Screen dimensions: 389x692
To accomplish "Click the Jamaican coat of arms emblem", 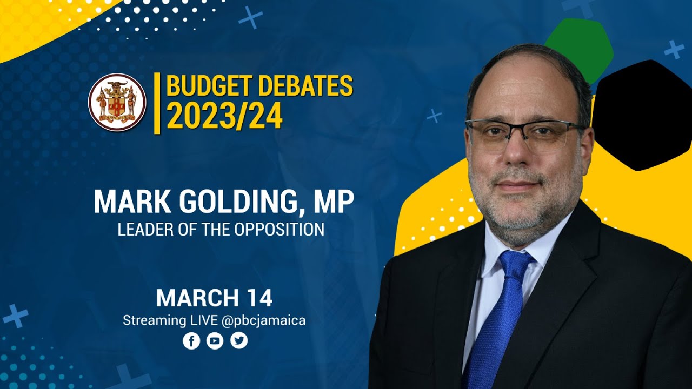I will [x=117, y=102].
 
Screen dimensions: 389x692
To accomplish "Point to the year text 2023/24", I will [x=224, y=116].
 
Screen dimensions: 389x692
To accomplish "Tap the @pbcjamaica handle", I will [x=263, y=320].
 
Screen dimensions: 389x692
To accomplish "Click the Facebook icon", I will [x=191, y=341].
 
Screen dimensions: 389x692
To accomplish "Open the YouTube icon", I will [x=215, y=341].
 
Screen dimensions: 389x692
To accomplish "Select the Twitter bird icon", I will [x=239, y=341].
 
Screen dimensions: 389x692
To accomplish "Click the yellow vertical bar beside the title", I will [x=157, y=103].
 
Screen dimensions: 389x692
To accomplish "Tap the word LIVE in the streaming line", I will [x=203, y=320].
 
